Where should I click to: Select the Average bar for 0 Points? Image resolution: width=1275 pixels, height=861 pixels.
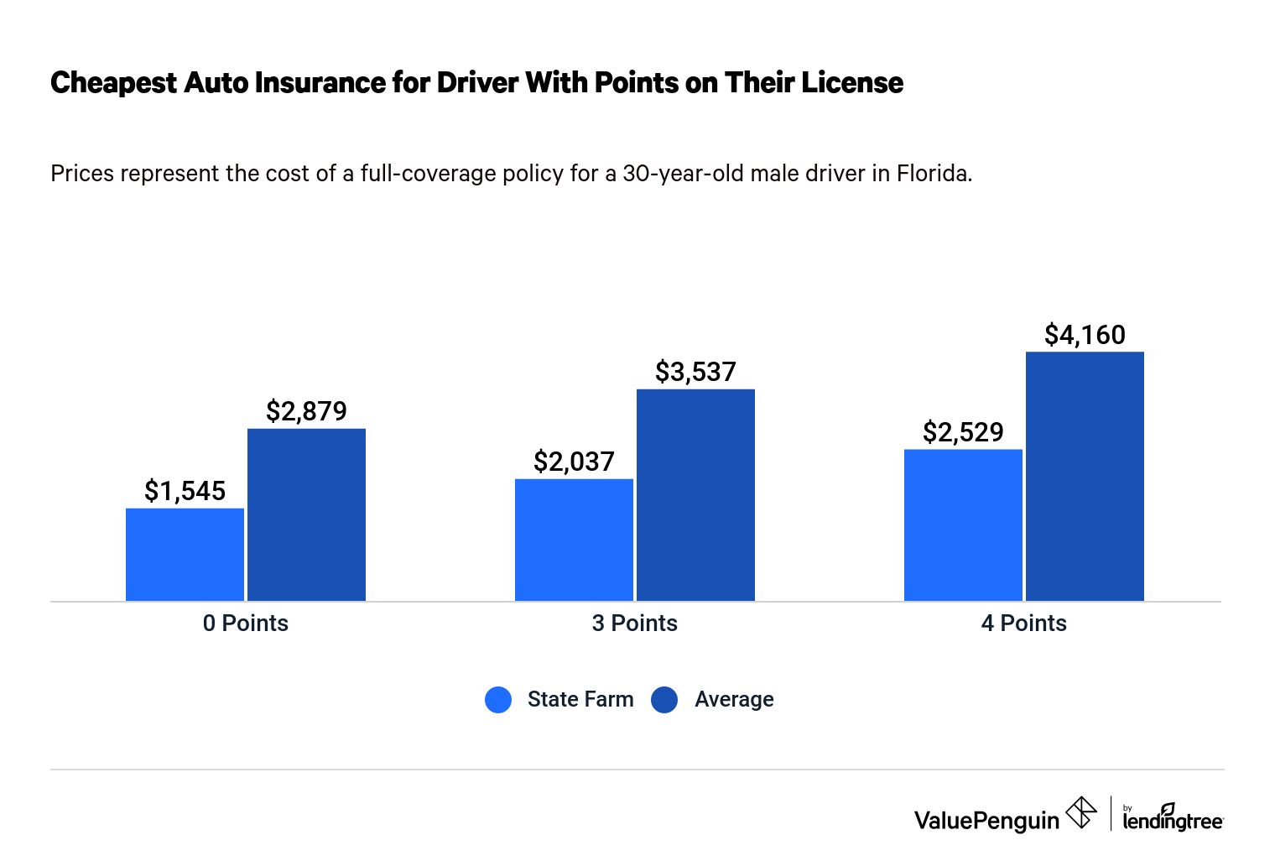[306, 514]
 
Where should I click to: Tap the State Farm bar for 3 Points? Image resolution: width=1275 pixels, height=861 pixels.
[574, 540]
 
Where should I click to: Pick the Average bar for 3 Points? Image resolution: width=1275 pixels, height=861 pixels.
[695, 494]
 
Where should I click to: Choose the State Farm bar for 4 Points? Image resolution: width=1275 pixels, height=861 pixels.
[963, 524]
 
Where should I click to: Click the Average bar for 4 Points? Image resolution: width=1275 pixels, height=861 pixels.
[1085, 476]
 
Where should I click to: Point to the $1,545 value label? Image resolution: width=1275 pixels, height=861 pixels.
[185, 491]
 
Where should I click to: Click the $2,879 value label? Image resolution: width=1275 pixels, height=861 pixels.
[306, 411]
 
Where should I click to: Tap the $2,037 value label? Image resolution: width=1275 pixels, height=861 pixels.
[574, 462]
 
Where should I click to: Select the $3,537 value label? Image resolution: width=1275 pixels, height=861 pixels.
[695, 372]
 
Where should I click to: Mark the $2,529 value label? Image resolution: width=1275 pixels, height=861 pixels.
[963, 432]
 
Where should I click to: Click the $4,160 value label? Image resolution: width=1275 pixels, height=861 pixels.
[1085, 335]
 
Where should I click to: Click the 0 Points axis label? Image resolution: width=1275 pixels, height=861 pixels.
[245, 624]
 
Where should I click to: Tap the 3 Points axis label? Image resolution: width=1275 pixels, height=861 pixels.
[634, 624]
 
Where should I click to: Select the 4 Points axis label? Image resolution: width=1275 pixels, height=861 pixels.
[1023, 624]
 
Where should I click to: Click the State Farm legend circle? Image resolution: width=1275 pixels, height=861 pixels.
[498, 700]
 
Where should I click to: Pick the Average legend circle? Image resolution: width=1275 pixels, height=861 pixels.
[664, 700]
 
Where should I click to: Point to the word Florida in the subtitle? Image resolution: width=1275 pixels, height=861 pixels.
[934, 174]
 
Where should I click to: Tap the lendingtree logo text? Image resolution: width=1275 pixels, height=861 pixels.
[1173, 820]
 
